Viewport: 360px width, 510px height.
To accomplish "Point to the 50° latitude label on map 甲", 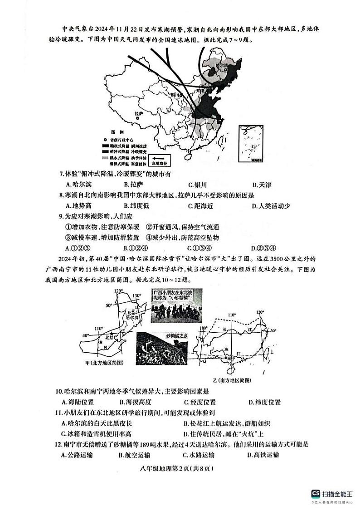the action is (109, 306).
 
